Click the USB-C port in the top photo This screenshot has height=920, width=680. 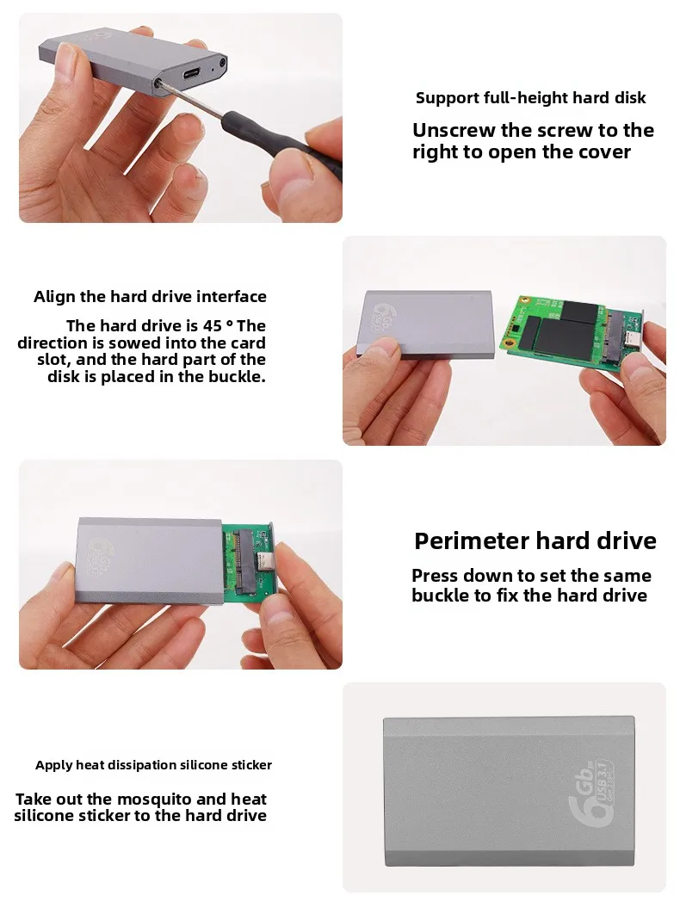coord(193,75)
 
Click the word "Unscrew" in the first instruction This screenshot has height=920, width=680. coord(454,130)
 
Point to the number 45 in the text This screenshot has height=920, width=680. coord(213,325)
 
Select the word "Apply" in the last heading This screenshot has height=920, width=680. coord(53,765)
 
